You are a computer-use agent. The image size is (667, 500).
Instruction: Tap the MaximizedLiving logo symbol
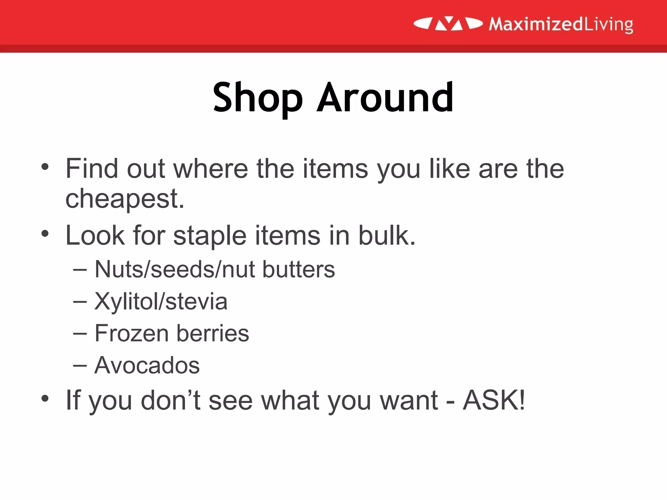[448, 24]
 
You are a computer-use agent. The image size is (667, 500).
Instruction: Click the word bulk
[387, 235]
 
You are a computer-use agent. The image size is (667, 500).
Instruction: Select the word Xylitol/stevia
[161, 301]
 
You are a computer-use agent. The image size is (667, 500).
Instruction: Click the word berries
[213, 333]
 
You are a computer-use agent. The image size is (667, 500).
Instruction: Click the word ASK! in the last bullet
[494, 400]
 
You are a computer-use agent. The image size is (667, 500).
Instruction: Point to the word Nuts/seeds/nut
[175, 270]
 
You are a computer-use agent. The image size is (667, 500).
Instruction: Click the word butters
[299, 270]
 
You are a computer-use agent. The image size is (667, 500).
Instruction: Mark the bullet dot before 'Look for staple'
[45, 233]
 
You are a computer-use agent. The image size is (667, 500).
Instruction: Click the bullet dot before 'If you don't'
[45, 398]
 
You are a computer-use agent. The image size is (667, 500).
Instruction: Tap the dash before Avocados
[80, 366]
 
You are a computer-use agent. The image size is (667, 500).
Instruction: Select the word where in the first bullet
[210, 169]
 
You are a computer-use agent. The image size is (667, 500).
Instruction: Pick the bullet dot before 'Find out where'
[45, 167]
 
